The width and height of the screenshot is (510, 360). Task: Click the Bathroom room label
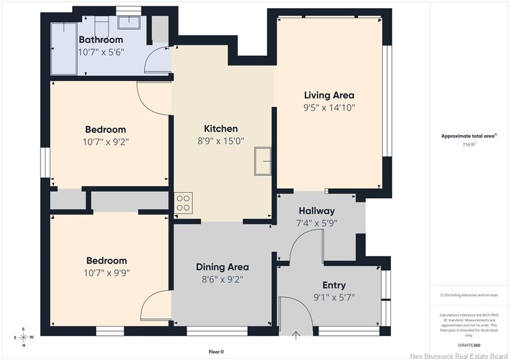pos(101,40)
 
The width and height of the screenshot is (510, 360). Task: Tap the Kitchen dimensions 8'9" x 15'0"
pos(221,141)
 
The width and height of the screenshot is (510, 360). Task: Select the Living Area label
pos(329,95)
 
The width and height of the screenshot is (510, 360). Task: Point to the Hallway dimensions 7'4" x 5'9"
pos(317,223)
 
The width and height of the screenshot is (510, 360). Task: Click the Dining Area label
pos(223,267)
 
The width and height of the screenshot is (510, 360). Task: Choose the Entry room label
pos(334,285)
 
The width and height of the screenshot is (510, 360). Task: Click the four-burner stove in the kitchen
pos(183,203)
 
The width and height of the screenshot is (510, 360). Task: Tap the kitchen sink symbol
pos(263,161)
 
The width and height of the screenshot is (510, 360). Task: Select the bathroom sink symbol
pos(129,23)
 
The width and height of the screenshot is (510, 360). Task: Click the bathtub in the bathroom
pos(64,48)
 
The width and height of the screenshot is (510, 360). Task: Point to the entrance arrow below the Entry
pos(296,335)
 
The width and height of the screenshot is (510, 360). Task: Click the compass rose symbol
pos(23,337)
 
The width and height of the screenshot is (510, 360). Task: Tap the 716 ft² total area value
pos(469,145)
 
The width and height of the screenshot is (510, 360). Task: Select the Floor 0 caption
pos(216,352)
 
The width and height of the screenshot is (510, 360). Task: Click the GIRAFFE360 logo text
pos(469,346)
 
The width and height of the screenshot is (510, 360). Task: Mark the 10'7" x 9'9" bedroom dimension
pos(107,272)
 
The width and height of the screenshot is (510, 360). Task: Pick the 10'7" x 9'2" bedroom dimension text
pos(106,142)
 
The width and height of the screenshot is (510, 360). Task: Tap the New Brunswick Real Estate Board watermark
pos(459,356)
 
